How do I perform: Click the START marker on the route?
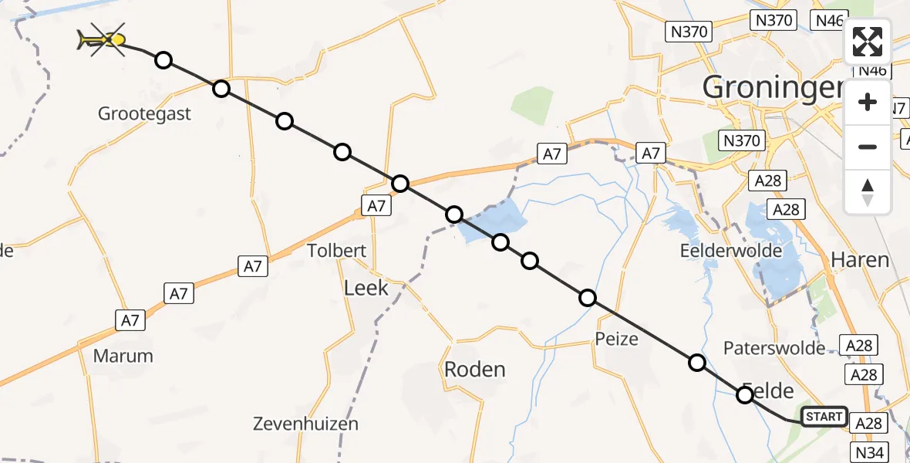(x=824, y=417)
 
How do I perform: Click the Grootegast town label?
(x=144, y=114)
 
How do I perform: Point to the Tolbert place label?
(x=336, y=251)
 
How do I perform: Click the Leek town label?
(x=366, y=289)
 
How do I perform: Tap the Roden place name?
(x=474, y=370)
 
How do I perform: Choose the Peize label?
(x=617, y=339)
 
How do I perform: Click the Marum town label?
(x=123, y=356)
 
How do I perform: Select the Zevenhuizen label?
(x=305, y=424)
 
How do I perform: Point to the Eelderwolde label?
(x=730, y=251)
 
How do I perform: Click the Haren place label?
(x=860, y=260)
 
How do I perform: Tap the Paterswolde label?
(x=774, y=348)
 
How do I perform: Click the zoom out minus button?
(x=868, y=147)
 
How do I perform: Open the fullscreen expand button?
(x=868, y=42)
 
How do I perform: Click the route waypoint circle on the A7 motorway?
(x=399, y=184)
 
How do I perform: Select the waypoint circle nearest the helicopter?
(x=163, y=60)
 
